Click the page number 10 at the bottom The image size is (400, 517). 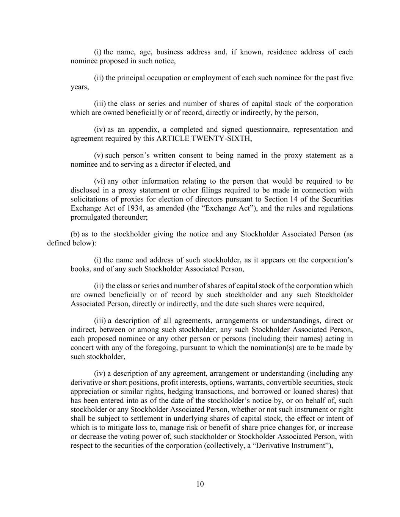pos(200,484)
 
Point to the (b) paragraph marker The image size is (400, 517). pos(75,234)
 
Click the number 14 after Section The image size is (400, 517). pos(290,199)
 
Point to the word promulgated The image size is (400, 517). pos(89,217)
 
